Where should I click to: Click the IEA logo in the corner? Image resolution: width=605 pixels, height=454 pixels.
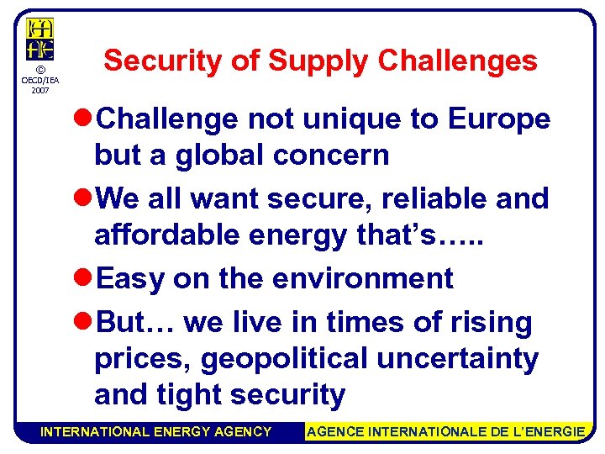click(39, 39)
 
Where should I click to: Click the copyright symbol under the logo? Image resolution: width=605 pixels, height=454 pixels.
click(39, 69)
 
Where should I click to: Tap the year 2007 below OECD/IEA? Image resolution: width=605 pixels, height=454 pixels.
click(39, 89)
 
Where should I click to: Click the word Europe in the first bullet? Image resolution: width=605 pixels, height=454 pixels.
click(499, 119)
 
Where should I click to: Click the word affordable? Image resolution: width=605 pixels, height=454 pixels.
click(169, 235)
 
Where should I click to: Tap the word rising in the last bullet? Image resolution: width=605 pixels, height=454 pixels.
click(492, 322)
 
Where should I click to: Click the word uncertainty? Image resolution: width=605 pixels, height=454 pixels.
click(458, 359)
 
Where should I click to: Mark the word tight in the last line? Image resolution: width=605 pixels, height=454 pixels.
click(192, 395)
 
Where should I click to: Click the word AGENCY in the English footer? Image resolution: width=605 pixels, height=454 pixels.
click(243, 432)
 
